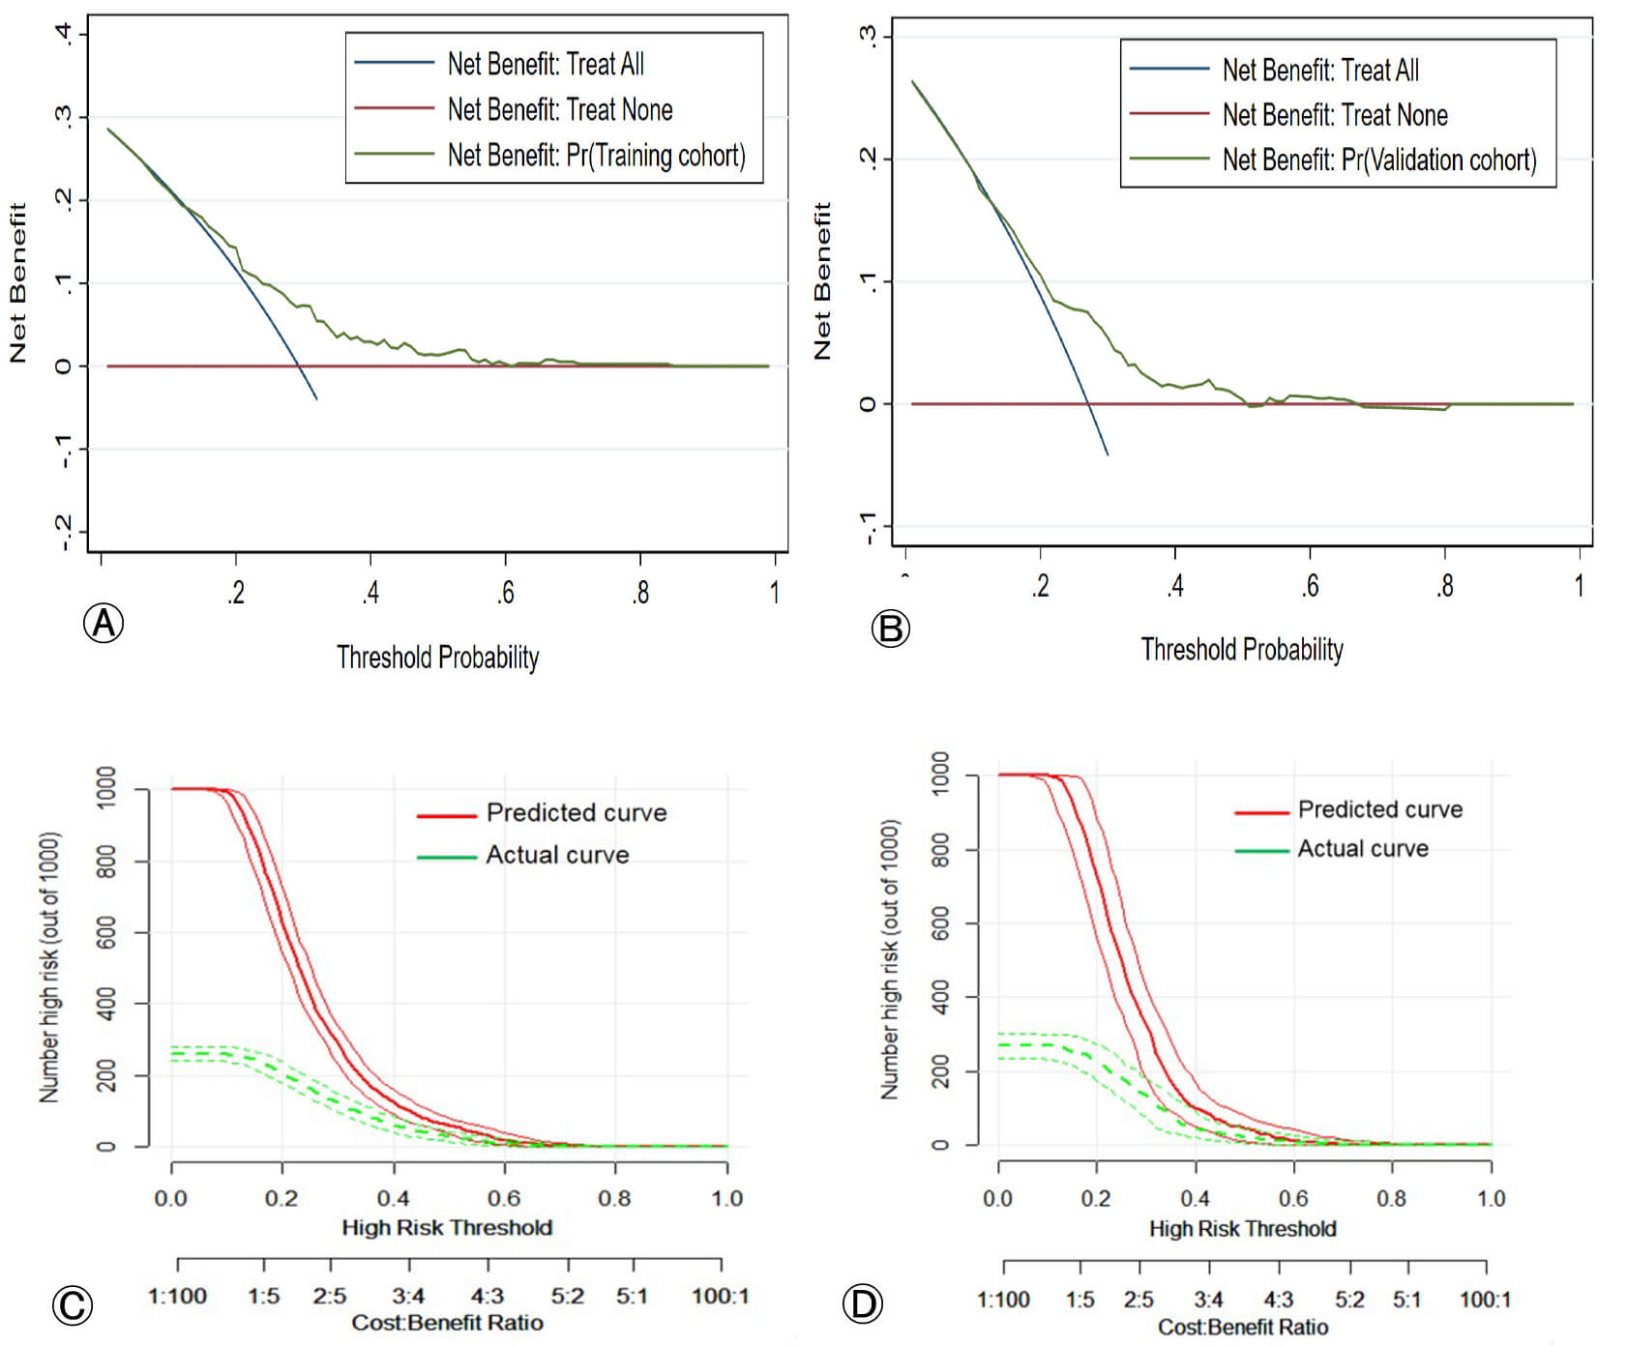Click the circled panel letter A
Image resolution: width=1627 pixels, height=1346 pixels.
[x=104, y=624]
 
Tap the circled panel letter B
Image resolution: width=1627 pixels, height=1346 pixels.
[x=890, y=629]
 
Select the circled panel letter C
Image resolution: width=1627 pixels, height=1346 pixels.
[x=73, y=1305]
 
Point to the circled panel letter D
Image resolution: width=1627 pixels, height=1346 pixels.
[x=862, y=1304]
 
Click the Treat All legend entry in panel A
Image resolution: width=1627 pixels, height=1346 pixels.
[x=545, y=65]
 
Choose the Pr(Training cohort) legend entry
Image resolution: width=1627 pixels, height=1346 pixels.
[x=596, y=155]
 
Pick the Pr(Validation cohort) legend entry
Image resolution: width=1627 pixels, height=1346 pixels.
[x=1378, y=160]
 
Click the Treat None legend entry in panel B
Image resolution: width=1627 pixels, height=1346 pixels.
[x=1334, y=115]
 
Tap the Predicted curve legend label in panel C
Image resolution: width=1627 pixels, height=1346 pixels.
[x=576, y=812]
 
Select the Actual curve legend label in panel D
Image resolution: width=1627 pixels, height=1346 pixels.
[x=1362, y=849]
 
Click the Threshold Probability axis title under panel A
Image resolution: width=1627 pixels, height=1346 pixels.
[x=437, y=658]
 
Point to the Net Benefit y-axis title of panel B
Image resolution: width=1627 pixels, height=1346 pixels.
[x=822, y=280]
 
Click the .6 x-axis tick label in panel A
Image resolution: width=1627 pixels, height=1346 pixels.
[x=505, y=593]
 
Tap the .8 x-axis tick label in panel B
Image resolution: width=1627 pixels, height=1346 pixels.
[x=1444, y=586]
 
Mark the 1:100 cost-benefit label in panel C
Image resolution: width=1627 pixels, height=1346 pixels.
[x=177, y=1296]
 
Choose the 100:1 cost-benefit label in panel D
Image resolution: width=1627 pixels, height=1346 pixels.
[x=1485, y=1300]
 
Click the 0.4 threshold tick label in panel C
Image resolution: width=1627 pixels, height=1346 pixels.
[x=393, y=1199]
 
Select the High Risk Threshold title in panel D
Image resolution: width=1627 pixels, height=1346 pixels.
[x=1242, y=1229]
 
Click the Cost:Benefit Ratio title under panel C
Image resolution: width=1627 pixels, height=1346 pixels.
[x=447, y=1323]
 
